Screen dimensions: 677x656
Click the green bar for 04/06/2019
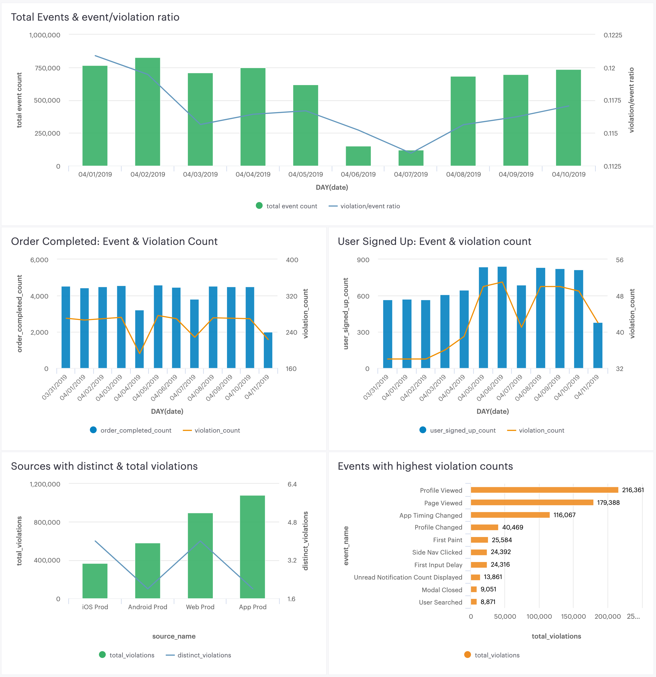pyautogui.click(x=358, y=156)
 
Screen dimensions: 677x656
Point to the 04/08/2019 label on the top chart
pyautogui.click(x=463, y=175)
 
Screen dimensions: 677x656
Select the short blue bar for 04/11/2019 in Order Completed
pyautogui.click(x=268, y=350)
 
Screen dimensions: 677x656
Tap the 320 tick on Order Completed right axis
pyautogui.click(x=291, y=296)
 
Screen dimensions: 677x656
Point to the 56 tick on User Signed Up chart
pyautogui.click(x=619, y=260)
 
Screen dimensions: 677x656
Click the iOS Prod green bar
pyautogui.click(x=95, y=581)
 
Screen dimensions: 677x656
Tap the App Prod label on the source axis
pyautogui.click(x=253, y=607)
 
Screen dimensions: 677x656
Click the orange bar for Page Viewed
pyautogui.click(x=532, y=502)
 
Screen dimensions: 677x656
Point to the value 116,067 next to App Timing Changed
pyautogui.click(x=564, y=515)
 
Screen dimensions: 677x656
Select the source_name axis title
pyautogui.click(x=174, y=636)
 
